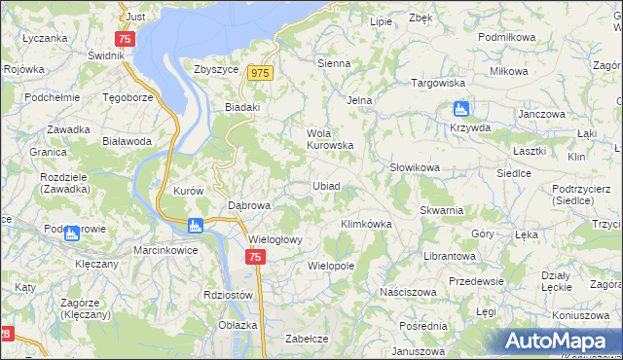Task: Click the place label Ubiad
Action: click(326, 186)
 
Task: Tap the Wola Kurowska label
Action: click(328, 139)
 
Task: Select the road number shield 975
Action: click(259, 73)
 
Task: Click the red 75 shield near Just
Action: click(124, 39)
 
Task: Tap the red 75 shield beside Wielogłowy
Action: click(254, 257)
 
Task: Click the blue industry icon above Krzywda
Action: click(460, 109)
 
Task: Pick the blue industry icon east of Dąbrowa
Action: click(196, 226)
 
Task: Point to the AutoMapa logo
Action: click(559, 341)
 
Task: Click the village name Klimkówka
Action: click(365, 224)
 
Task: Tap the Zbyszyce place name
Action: click(217, 70)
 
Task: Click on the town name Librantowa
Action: click(449, 256)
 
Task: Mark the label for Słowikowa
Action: click(415, 167)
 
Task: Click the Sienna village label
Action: click(334, 63)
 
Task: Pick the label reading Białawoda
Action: click(127, 141)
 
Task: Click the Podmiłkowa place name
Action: click(507, 36)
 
